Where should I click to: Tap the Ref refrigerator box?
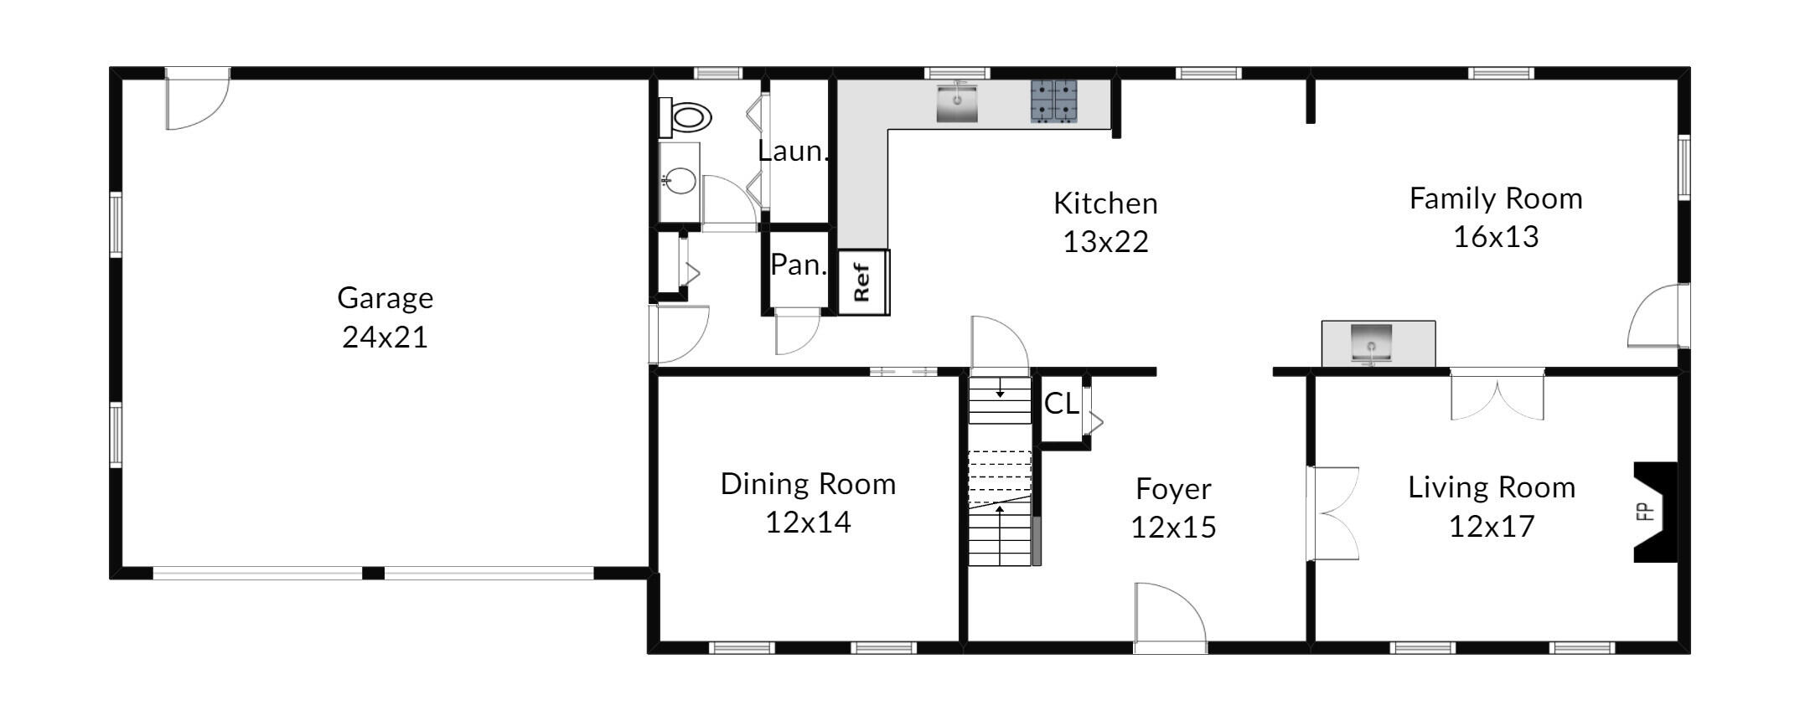[863, 282]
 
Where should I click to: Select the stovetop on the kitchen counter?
[1053, 101]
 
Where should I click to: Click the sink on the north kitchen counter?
[957, 101]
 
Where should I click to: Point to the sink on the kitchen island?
[1371, 344]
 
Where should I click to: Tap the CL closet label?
[1061, 404]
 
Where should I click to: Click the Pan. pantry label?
[799, 265]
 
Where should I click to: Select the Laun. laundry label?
[793, 151]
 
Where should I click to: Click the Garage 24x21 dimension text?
[385, 337]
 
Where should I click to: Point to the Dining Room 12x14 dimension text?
[808, 523]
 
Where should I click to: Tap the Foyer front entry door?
[1171, 618]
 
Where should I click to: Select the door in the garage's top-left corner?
[198, 99]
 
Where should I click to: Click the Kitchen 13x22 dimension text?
[1105, 242]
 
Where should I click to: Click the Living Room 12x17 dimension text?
[1492, 527]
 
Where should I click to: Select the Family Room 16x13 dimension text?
[1496, 237]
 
